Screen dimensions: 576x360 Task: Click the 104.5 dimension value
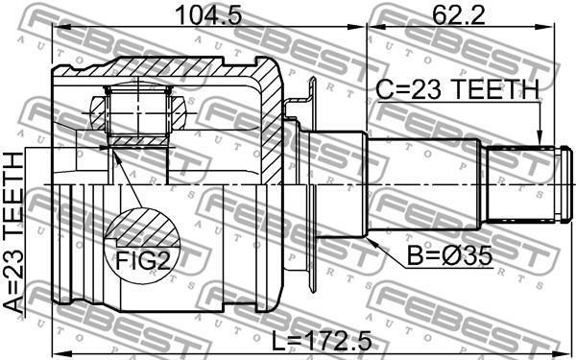[x=209, y=15]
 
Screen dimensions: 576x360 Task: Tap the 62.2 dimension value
[x=459, y=15]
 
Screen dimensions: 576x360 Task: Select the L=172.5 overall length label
[x=322, y=341]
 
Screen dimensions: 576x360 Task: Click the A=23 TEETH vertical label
[x=14, y=234]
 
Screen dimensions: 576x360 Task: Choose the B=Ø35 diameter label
[x=449, y=255]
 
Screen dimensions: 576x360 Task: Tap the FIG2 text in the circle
[x=143, y=261]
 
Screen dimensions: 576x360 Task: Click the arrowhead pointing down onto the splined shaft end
[x=540, y=139]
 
